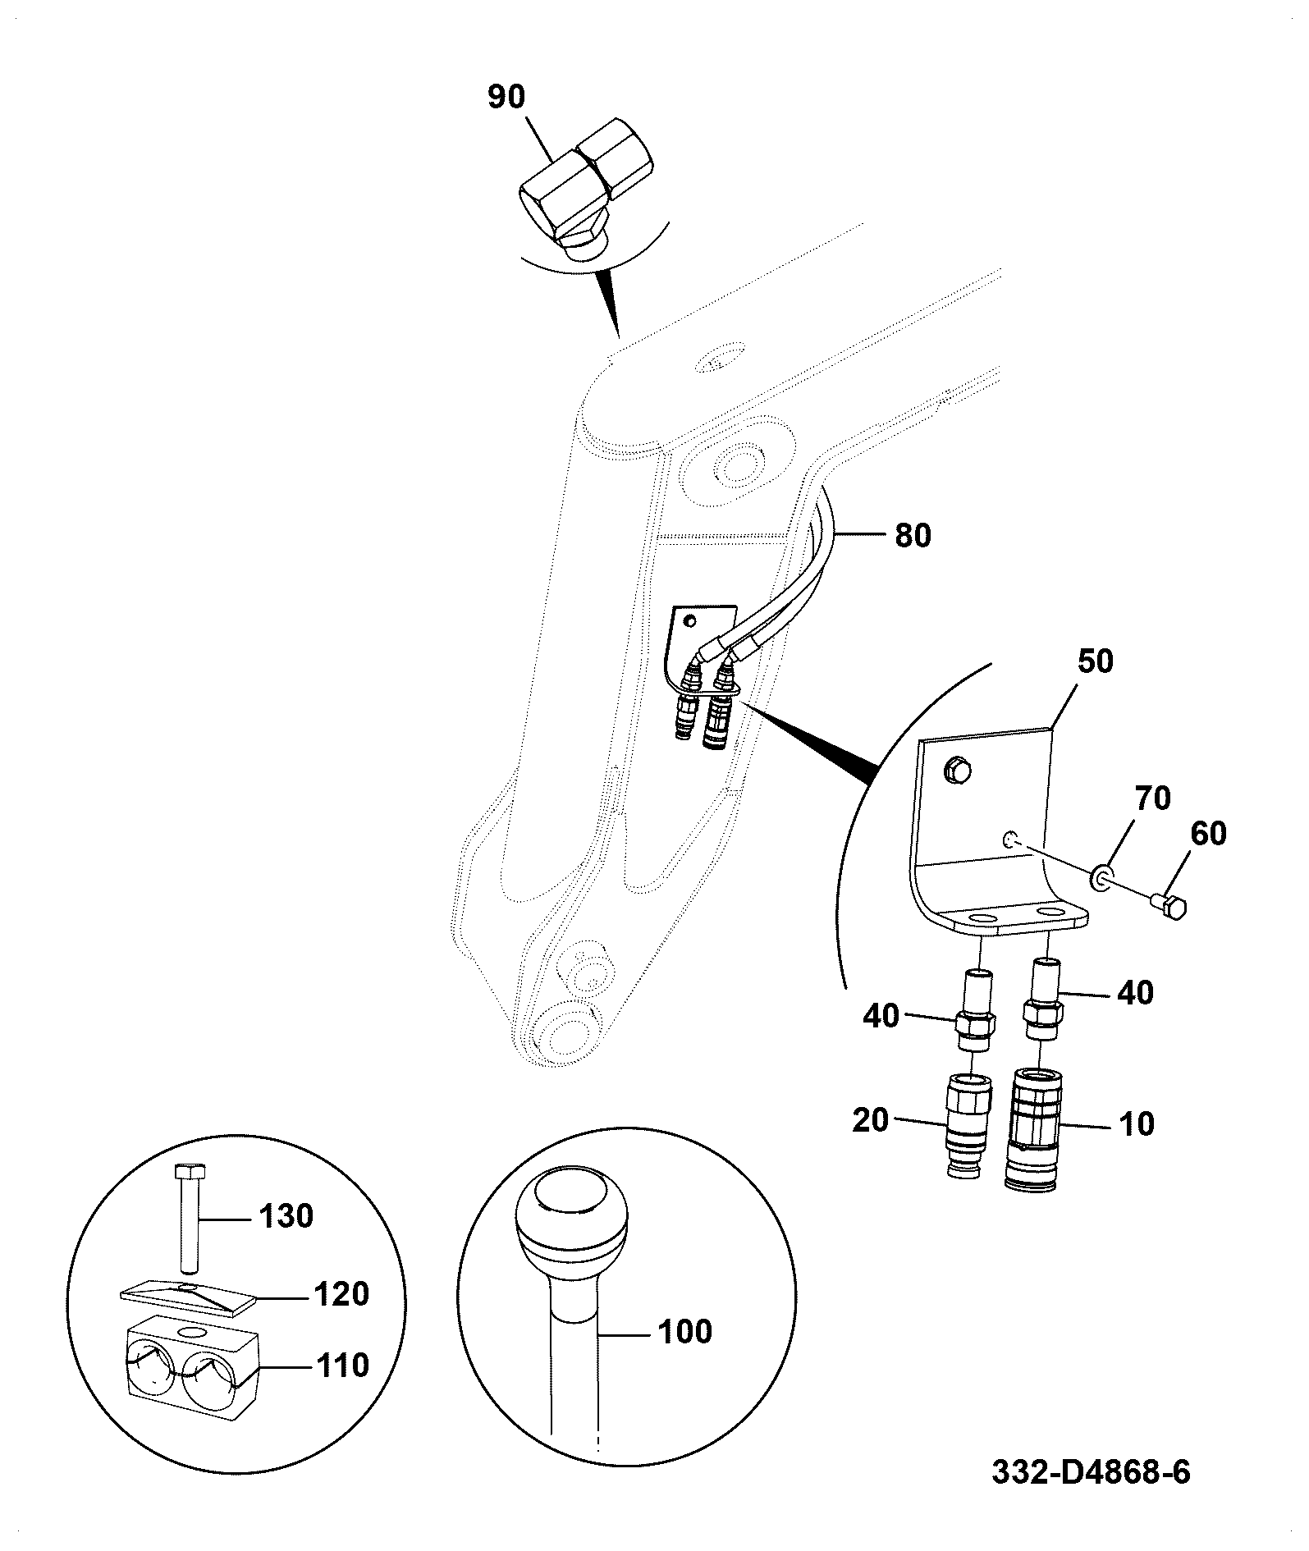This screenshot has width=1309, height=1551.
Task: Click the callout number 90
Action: click(x=506, y=98)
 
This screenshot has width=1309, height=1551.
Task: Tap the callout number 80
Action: click(x=913, y=536)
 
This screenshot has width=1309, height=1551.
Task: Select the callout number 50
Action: click(x=1094, y=661)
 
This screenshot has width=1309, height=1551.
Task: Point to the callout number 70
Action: click(x=1152, y=798)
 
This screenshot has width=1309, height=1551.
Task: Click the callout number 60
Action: click(x=1207, y=834)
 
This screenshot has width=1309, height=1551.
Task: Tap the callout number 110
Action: click(x=341, y=1366)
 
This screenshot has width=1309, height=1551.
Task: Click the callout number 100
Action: click(x=684, y=1332)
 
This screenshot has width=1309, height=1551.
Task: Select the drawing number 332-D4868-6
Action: click(x=1091, y=1472)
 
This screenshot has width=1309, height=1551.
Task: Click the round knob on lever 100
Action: click(x=571, y=1222)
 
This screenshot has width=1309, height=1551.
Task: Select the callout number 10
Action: click(x=1137, y=1123)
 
